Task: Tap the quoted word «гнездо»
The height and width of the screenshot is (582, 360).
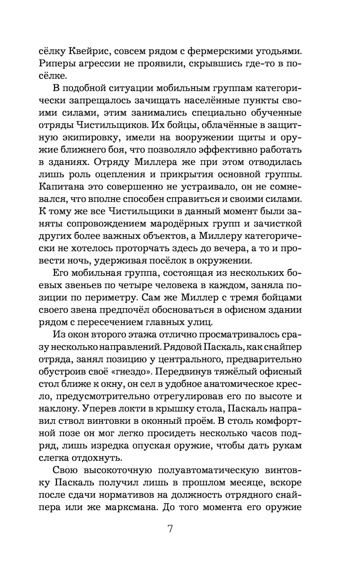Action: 126,371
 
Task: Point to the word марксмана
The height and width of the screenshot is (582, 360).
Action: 127,507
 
